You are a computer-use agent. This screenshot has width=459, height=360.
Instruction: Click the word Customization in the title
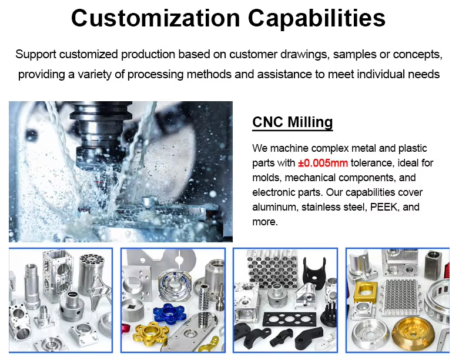(155, 18)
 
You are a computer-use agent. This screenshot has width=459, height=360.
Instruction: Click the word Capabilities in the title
(317, 19)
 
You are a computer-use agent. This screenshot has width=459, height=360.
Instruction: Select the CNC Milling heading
(293, 122)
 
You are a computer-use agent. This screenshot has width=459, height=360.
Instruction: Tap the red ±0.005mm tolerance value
(323, 163)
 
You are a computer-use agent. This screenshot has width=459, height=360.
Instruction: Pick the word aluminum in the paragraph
(274, 207)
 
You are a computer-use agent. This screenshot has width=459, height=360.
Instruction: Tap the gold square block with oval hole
(366, 292)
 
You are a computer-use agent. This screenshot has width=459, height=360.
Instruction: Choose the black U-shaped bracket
(314, 269)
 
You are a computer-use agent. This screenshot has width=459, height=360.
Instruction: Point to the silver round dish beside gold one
(370, 335)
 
